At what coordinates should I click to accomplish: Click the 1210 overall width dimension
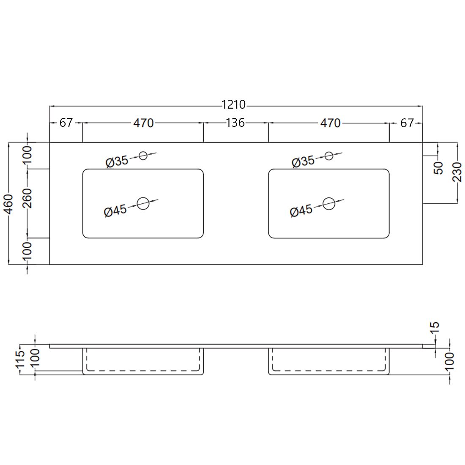click(234, 104)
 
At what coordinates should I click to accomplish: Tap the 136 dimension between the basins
click(235, 123)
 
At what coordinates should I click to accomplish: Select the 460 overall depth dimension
click(9, 204)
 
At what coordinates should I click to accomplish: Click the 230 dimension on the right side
click(457, 172)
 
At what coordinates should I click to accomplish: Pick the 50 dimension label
click(439, 168)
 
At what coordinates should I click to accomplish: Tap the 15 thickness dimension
click(434, 328)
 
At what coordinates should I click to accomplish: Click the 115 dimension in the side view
click(20, 359)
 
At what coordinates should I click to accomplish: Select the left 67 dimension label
click(66, 123)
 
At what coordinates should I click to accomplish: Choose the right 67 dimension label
click(407, 123)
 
